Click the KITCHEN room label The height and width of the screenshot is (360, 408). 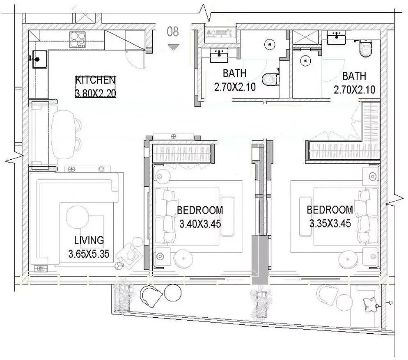pyautogui.click(x=95, y=80)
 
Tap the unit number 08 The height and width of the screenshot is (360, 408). pyautogui.click(x=173, y=32)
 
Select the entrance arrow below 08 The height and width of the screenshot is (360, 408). pyautogui.click(x=173, y=47)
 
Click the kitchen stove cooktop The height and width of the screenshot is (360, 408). pyautogui.click(x=78, y=39)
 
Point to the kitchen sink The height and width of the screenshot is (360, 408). pyautogui.click(x=39, y=59)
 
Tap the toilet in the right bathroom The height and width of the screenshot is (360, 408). pyautogui.click(x=367, y=48)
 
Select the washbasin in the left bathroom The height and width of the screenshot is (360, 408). pyautogui.click(x=219, y=55)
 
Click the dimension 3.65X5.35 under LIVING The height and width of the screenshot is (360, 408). pyautogui.click(x=89, y=254)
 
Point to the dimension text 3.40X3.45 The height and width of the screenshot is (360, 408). pyautogui.click(x=200, y=224)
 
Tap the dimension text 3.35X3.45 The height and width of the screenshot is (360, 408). pyautogui.click(x=330, y=223)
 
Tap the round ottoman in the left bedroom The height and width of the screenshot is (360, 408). pyautogui.click(x=184, y=259)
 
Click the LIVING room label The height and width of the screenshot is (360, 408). pyautogui.click(x=89, y=240)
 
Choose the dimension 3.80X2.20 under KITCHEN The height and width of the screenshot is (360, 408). pyautogui.click(x=95, y=93)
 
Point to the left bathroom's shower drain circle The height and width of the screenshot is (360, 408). pyautogui.click(x=270, y=44)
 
